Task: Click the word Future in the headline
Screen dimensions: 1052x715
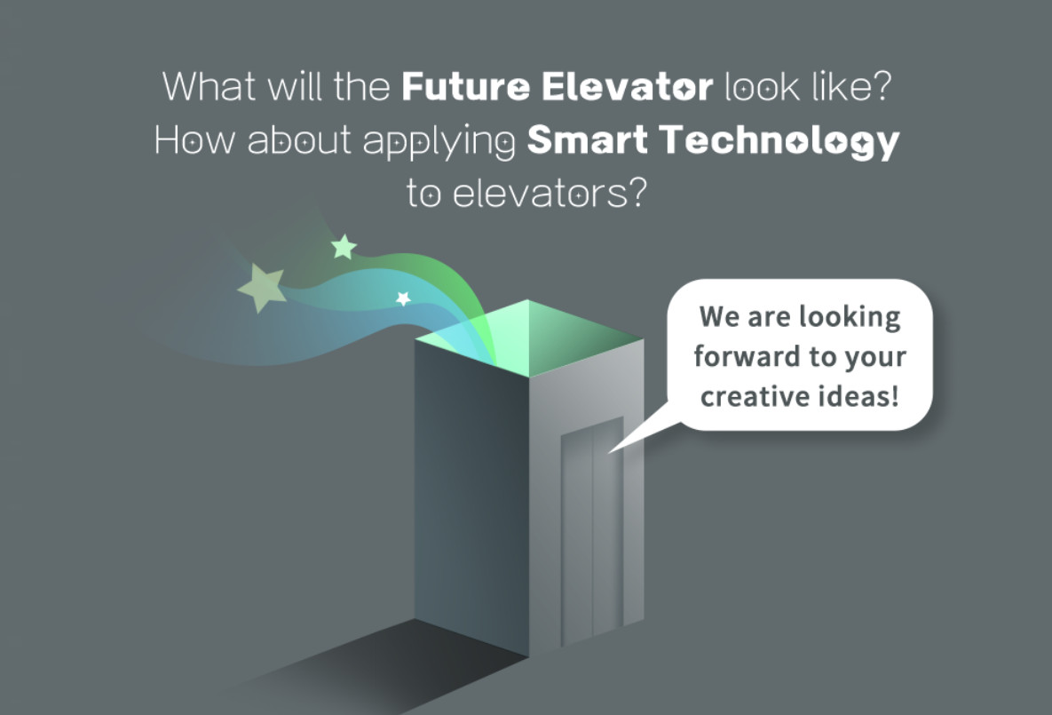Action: point(465,87)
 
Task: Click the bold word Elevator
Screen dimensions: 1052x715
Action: point(627,87)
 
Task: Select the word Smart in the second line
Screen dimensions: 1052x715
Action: point(587,139)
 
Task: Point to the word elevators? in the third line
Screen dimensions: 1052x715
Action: point(550,194)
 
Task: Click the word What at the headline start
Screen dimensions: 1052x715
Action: point(209,87)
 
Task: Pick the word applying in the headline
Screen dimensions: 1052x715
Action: point(439,143)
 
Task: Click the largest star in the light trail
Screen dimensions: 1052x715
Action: point(262,287)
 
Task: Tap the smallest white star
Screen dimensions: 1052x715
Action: point(403,298)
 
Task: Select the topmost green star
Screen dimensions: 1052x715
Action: point(344,246)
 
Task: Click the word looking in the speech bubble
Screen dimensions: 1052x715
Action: point(850,318)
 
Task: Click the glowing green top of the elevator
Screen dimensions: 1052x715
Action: point(529,338)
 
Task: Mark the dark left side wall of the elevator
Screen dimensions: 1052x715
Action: point(471,497)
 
